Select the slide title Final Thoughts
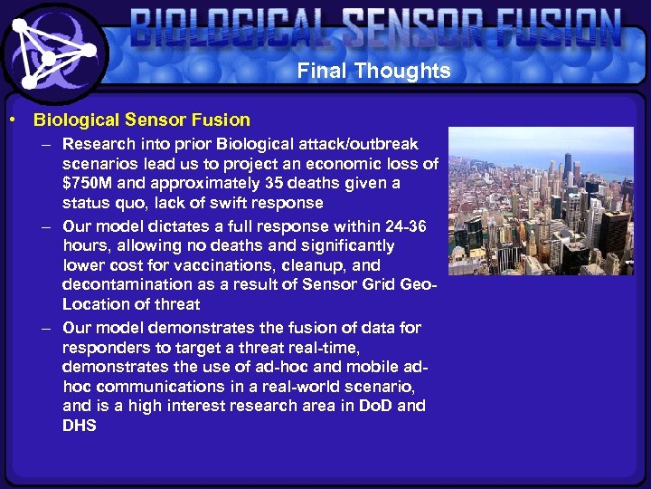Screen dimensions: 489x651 (373, 71)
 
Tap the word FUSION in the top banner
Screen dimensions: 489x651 (551, 31)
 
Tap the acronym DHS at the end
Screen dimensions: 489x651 (80, 426)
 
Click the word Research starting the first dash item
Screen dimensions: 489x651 (96, 144)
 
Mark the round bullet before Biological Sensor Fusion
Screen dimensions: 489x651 (12, 120)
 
